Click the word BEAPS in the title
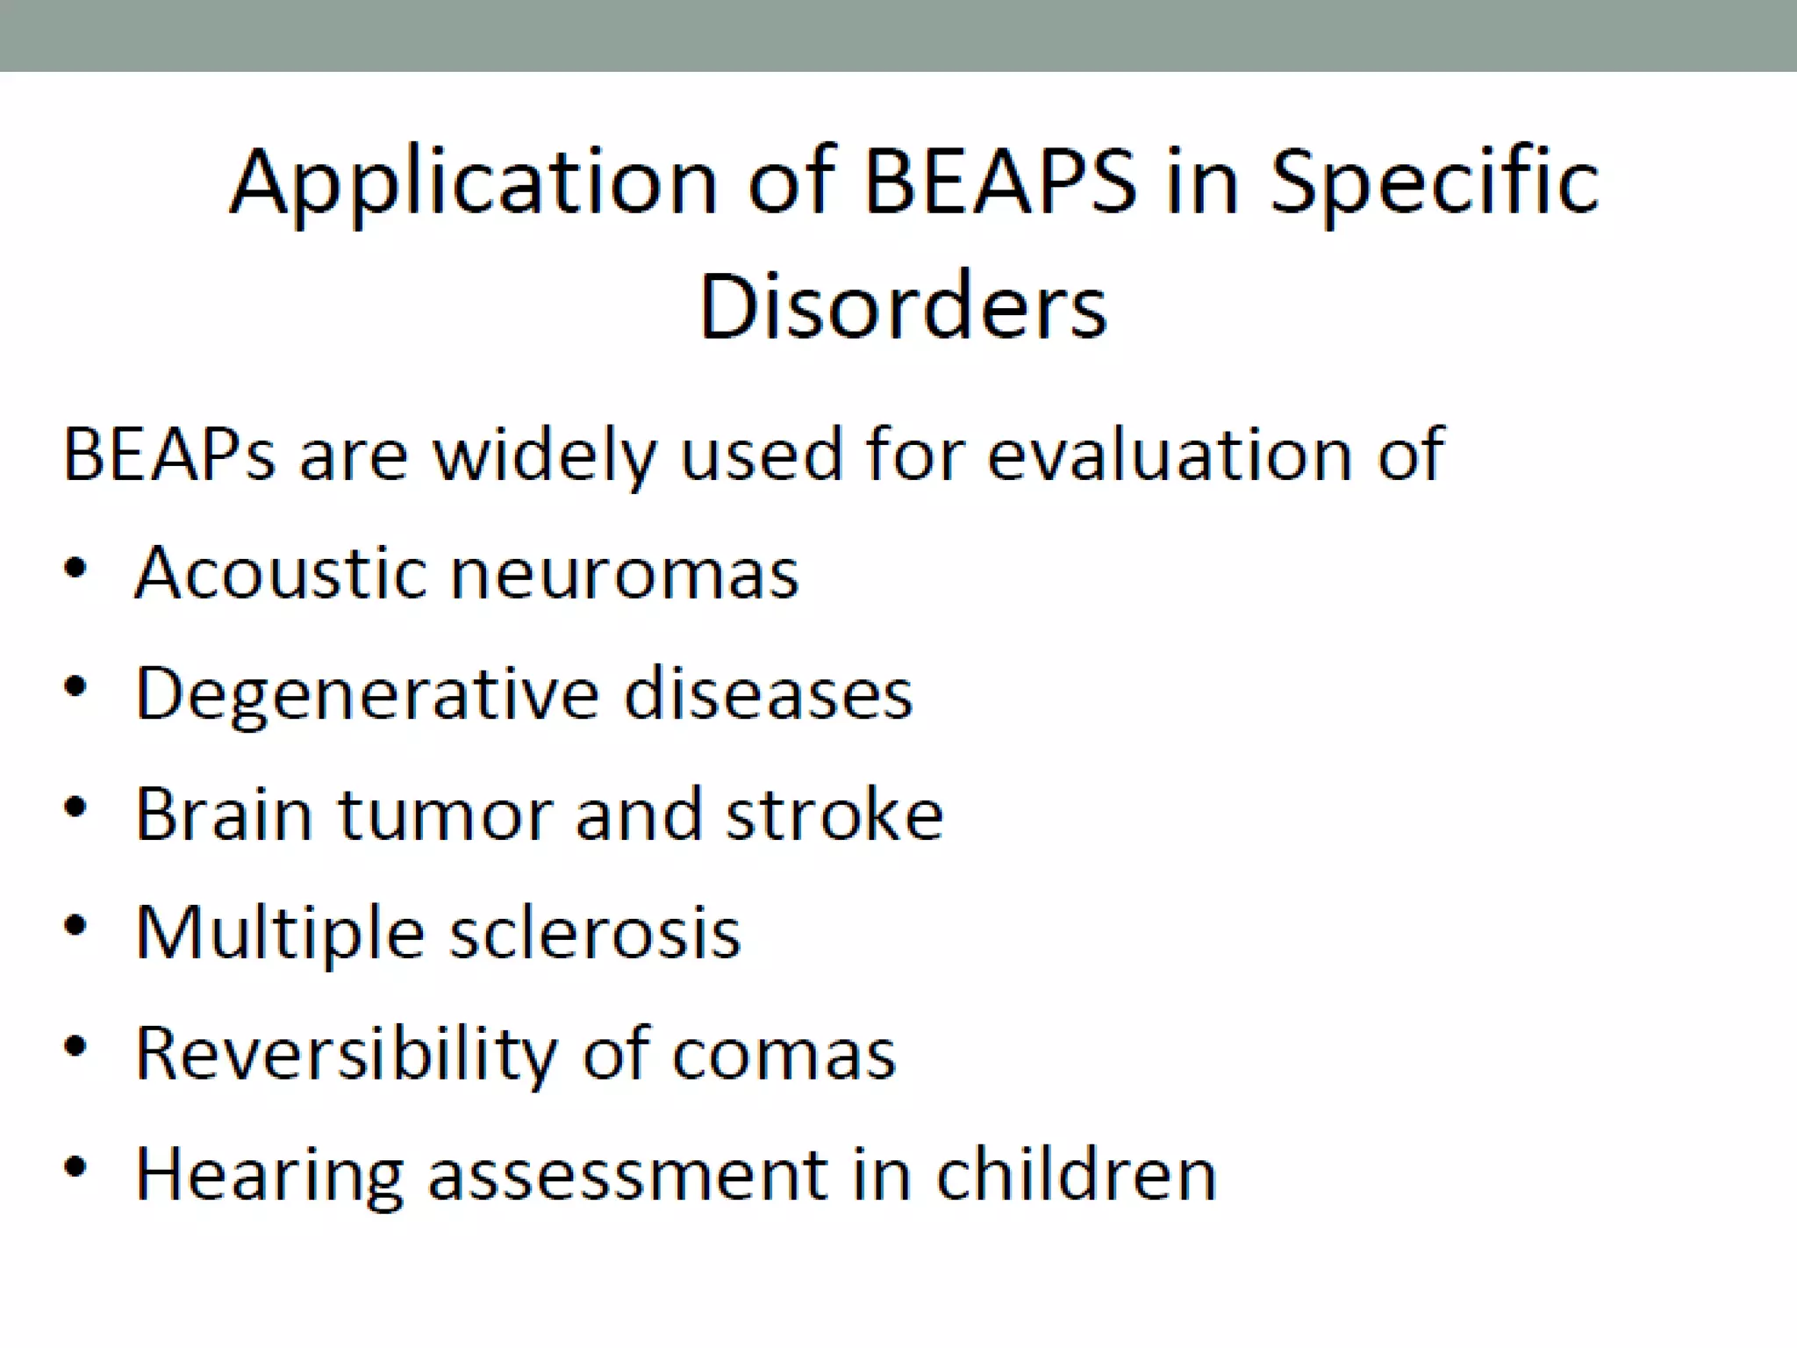tap(1000, 183)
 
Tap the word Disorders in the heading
tap(902, 307)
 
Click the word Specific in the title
tap(1435, 183)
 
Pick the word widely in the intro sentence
tap(545, 455)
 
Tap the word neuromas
tap(624, 573)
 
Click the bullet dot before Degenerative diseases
tap(75, 685)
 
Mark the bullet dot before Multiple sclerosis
tap(75, 926)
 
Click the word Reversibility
tap(346, 1054)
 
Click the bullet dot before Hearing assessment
tap(75, 1166)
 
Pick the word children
tap(1076, 1174)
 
